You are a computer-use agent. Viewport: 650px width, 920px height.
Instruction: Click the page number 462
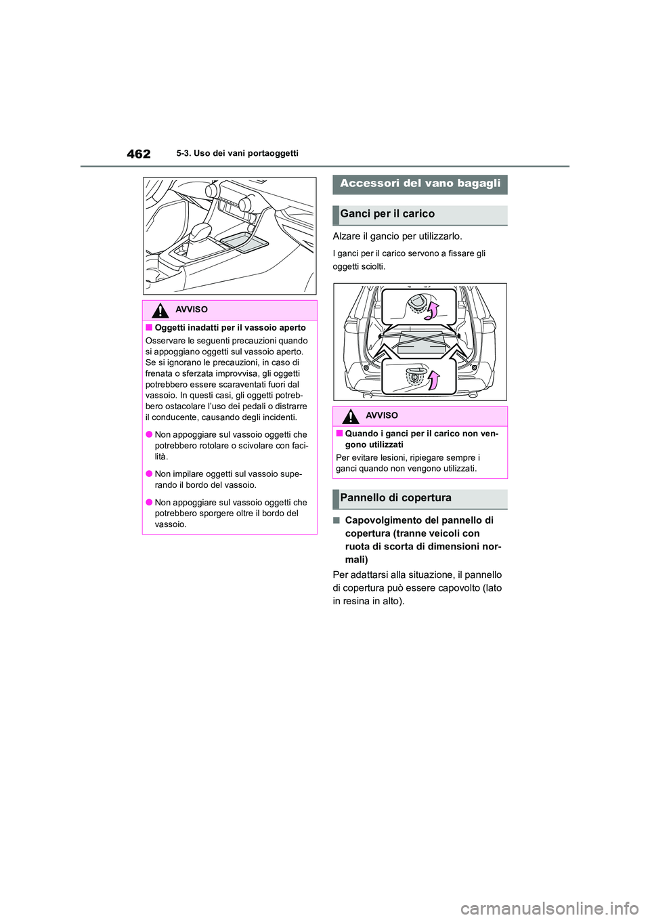tap(138, 154)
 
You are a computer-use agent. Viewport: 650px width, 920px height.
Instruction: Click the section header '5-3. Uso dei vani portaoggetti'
tap(237, 154)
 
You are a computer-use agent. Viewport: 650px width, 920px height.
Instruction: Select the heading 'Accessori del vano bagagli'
tap(420, 184)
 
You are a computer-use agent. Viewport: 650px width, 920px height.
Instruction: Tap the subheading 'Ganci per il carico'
tap(387, 214)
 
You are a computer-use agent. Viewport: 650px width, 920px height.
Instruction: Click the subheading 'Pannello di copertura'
tap(395, 498)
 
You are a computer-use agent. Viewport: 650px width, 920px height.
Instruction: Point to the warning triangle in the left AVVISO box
tap(160, 310)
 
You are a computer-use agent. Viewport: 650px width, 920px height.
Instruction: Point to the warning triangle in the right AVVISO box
tap(350, 417)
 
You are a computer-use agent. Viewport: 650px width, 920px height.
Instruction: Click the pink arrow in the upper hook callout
tap(432, 310)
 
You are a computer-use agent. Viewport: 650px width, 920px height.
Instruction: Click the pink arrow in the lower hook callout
tap(433, 380)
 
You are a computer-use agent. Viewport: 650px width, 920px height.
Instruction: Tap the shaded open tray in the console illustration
tap(244, 240)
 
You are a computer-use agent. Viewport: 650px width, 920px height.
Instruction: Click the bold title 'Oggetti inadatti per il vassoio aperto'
tap(230, 328)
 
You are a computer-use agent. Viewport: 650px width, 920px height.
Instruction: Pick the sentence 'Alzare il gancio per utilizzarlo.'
tap(397, 236)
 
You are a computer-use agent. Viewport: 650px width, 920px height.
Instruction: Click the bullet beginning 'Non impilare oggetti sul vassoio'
tap(228, 480)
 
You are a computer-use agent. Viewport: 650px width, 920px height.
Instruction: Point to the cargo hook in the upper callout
tap(416, 302)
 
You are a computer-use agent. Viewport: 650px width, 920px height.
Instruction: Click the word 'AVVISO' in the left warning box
tap(192, 310)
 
